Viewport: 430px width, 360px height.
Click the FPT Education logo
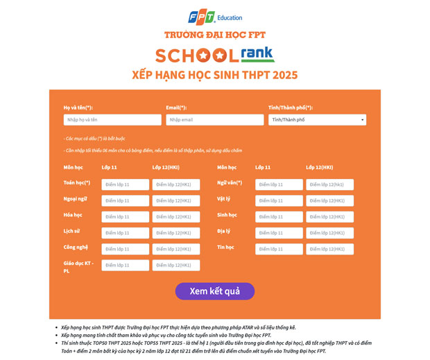coord(214,17)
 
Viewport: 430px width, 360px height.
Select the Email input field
coord(214,120)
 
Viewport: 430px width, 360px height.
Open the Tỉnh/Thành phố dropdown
coord(317,120)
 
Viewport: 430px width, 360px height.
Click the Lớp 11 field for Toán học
coord(125,185)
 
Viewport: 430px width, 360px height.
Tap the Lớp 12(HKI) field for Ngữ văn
coord(329,185)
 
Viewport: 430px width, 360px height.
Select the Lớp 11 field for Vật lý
coord(279,200)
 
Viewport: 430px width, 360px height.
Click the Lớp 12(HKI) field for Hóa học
coord(175,216)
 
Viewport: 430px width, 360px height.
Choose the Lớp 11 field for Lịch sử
coord(125,233)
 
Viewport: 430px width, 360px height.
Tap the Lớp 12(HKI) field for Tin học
coord(329,249)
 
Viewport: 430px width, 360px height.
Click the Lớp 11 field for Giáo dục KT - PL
coord(125,265)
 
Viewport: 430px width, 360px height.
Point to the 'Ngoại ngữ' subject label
coord(75,199)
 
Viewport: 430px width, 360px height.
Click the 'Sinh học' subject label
coord(227,215)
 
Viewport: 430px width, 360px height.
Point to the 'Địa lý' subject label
coord(223,231)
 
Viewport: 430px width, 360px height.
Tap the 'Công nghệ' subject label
coord(76,247)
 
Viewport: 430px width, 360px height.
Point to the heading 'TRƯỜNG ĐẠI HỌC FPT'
coord(214,35)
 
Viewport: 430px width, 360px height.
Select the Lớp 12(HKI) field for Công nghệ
coord(175,249)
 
